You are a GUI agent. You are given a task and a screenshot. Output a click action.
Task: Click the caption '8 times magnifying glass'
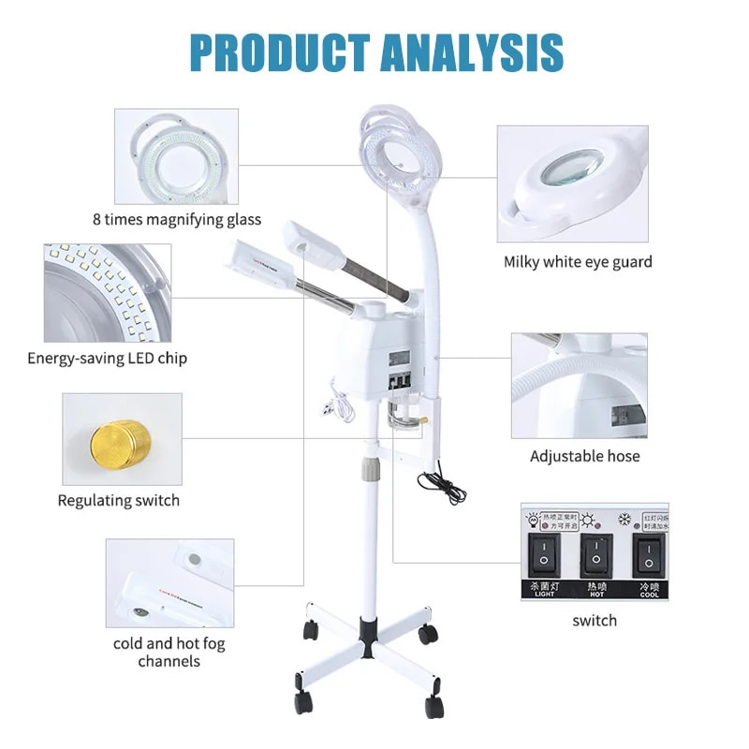pyautogui.click(x=177, y=220)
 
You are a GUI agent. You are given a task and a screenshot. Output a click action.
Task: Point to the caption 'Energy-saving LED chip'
pyautogui.click(x=107, y=358)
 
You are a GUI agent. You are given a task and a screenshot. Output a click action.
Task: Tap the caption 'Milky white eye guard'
pyautogui.click(x=578, y=261)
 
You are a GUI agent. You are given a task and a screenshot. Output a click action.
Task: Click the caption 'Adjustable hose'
pyautogui.click(x=585, y=456)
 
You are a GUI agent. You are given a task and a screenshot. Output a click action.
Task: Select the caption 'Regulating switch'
pyautogui.click(x=119, y=500)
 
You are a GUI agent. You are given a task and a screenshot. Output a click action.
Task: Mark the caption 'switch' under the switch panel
pyautogui.click(x=595, y=620)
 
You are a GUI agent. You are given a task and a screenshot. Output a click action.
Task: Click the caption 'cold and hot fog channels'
pyautogui.click(x=169, y=652)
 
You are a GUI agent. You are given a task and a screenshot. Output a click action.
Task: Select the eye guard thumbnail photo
pyautogui.click(x=572, y=184)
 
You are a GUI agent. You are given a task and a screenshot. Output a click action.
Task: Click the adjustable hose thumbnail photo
pyautogui.click(x=579, y=385)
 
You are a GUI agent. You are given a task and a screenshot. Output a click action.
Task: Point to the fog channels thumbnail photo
pyautogui.click(x=169, y=582)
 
